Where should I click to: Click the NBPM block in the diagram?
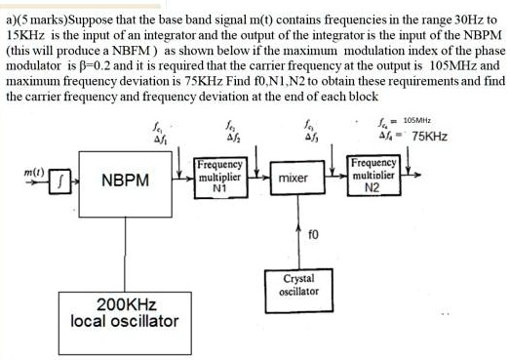124,180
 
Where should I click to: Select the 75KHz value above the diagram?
430,137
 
